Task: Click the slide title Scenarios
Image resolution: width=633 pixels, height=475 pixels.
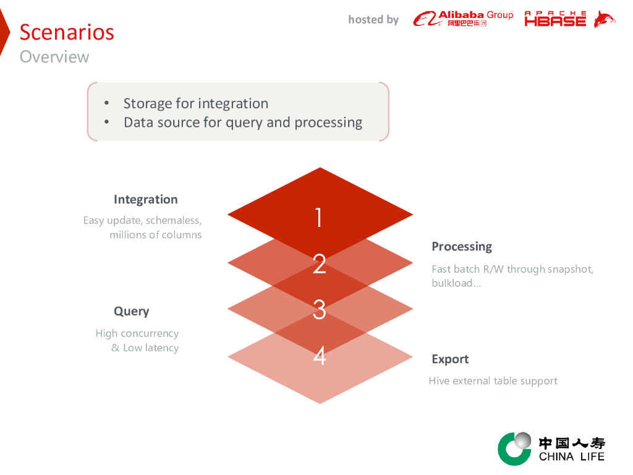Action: (x=67, y=32)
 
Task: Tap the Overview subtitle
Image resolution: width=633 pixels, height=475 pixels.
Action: (x=54, y=57)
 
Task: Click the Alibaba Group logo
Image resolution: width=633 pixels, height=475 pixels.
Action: (x=463, y=19)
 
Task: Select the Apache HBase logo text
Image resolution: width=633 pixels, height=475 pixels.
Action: (x=555, y=19)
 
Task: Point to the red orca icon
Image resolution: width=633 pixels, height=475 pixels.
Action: (x=604, y=19)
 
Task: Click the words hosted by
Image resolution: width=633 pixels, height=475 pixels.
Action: (x=373, y=20)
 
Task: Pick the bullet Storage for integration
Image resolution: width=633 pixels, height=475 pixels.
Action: (x=195, y=103)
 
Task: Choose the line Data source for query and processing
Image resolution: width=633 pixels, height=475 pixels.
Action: (x=243, y=122)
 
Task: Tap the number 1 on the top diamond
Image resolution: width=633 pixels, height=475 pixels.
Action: (x=319, y=217)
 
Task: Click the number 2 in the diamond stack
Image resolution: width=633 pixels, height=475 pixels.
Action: (x=319, y=264)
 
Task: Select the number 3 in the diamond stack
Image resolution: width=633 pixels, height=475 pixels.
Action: (x=319, y=309)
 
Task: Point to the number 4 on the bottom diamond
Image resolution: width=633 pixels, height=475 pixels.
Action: (x=319, y=356)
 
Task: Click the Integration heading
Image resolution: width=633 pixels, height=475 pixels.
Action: (x=145, y=199)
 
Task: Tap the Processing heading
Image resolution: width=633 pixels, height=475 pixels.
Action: (x=462, y=246)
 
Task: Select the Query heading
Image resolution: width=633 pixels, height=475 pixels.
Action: (x=131, y=311)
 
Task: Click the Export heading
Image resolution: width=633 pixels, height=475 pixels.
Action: (x=450, y=359)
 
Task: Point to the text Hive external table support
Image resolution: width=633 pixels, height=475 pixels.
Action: (x=493, y=381)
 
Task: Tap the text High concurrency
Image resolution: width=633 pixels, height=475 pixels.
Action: (x=137, y=333)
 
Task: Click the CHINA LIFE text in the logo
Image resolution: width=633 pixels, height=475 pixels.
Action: (x=571, y=457)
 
